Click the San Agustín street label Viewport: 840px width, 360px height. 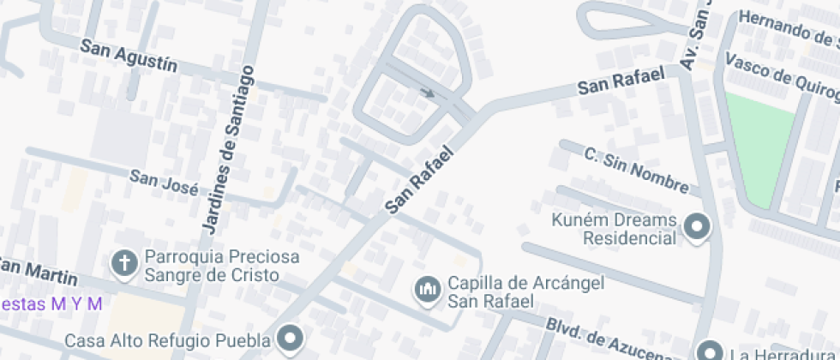129,57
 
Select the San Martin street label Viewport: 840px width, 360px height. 39,271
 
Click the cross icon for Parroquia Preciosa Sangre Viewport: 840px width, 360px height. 125,265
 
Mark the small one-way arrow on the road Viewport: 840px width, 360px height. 427,93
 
